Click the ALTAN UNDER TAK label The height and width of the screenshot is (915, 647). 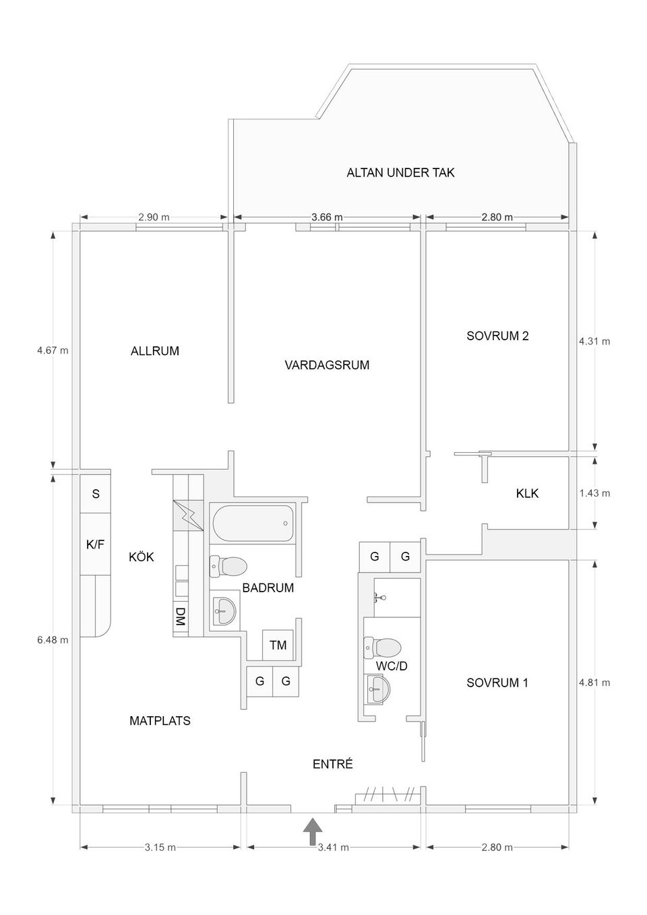pyautogui.click(x=400, y=172)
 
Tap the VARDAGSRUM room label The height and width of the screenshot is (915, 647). pyautogui.click(x=327, y=365)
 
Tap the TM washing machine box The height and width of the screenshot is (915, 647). pyautogui.click(x=278, y=645)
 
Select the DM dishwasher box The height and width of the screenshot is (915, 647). pyautogui.click(x=180, y=617)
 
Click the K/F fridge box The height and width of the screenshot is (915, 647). pyautogui.click(x=95, y=544)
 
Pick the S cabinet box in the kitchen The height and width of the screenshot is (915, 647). pyautogui.click(x=96, y=494)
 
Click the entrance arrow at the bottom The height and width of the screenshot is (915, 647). pyautogui.click(x=311, y=831)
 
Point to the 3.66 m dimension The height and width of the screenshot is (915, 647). pyautogui.click(x=327, y=217)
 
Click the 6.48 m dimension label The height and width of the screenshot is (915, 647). pyautogui.click(x=53, y=639)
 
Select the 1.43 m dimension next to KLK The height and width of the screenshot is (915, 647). pyautogui.click(x=594, y=493)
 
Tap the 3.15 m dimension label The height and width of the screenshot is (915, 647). pyautogui.click(x=160, y=847)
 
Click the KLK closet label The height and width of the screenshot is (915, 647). pyautogui.click(x=527, y=493)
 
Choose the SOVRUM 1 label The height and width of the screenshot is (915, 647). pyautogui.click(x=497, y=683)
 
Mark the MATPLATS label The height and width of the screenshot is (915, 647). pyautogui.click(x=160, y=721)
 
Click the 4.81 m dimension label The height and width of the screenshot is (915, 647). pyautogui.click(x=594, y=683)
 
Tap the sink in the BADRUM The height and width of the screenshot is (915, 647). pyautogui.click(x=223, y=612)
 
